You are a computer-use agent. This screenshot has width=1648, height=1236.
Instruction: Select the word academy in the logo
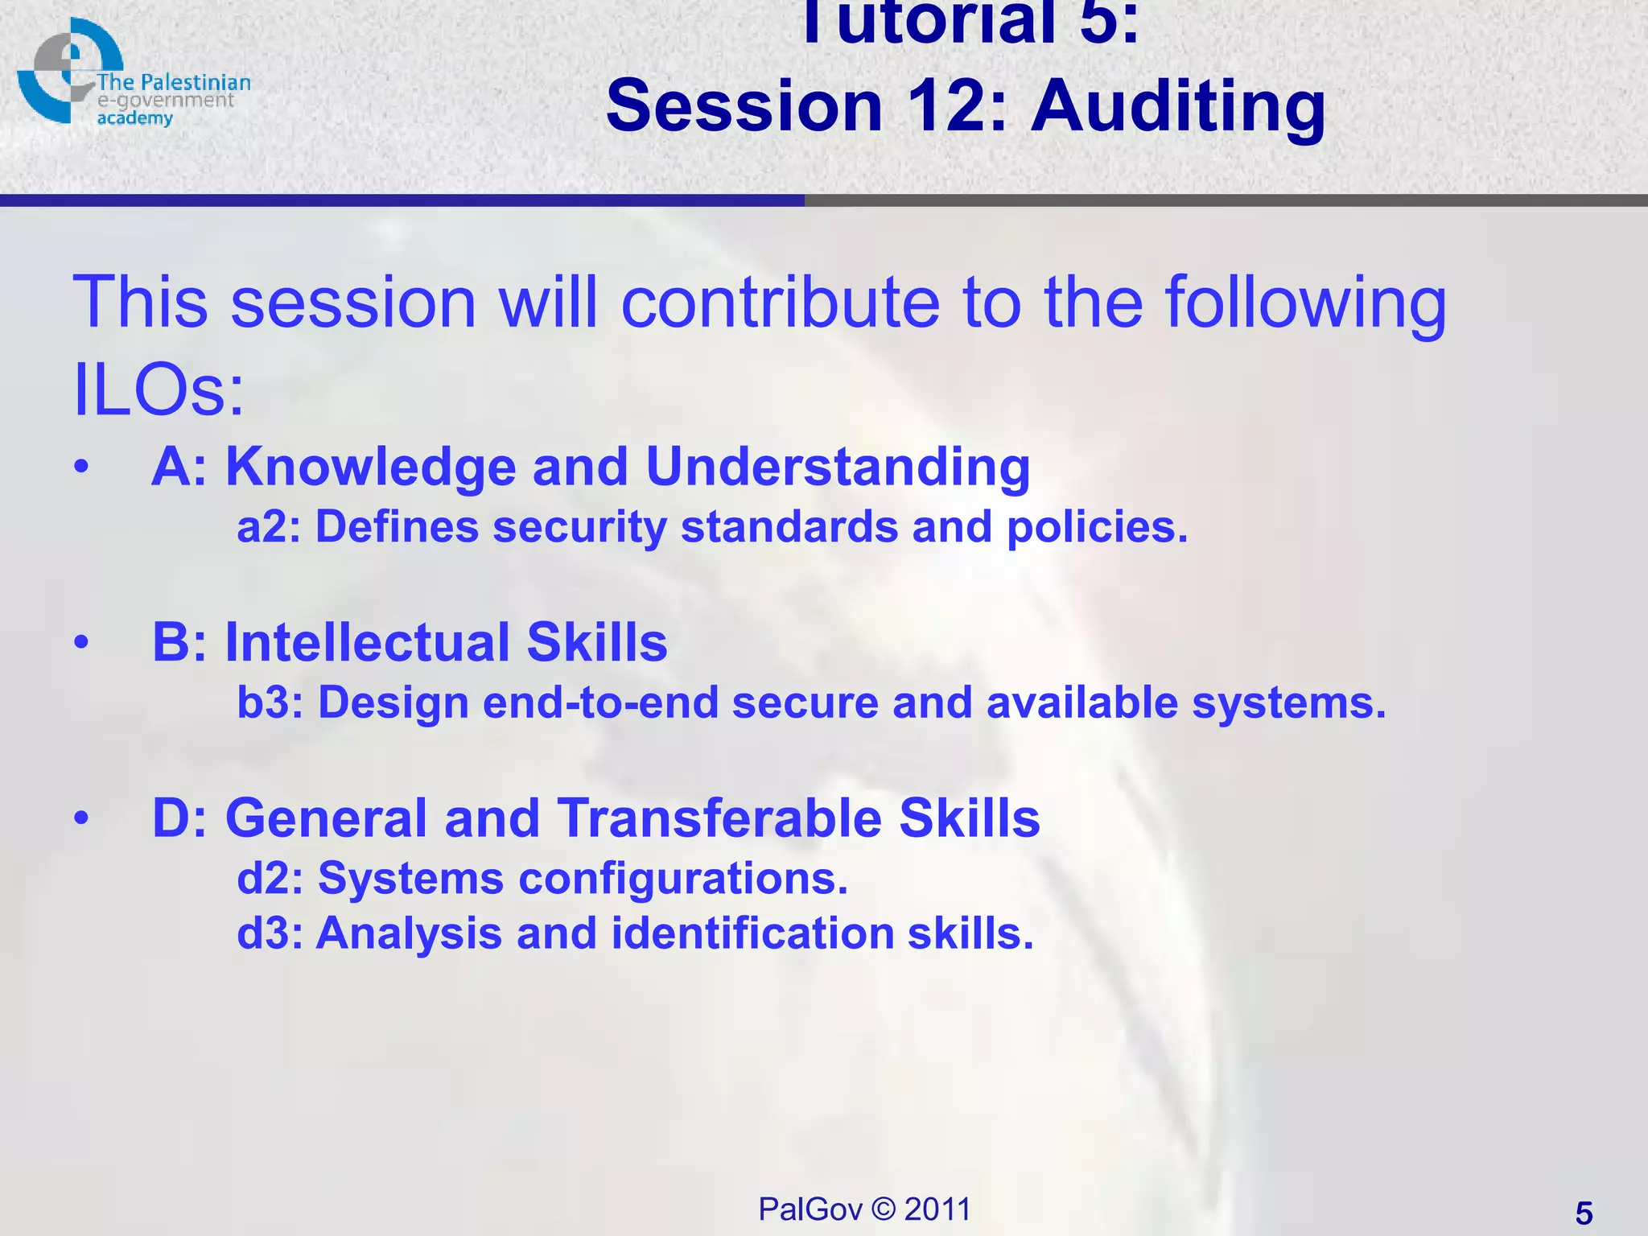(x=135, y=119)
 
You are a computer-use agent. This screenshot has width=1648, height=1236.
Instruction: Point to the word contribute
(x=781, y=303)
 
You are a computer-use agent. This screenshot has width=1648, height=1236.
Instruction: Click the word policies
(x=1098, y=528)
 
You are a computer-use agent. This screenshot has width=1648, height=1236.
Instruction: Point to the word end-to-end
(x=600, y=702)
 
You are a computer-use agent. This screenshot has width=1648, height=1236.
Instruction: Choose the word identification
(x=753, y=933)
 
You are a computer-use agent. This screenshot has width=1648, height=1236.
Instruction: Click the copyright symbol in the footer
(x=884, y=1209)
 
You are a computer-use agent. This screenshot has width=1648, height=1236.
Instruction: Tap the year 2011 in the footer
(x=937, y=1209)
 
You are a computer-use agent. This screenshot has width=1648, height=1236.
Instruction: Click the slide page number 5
(x=1584, y=1213)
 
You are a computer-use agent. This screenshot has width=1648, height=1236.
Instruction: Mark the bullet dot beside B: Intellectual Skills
(x=80, y=642)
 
